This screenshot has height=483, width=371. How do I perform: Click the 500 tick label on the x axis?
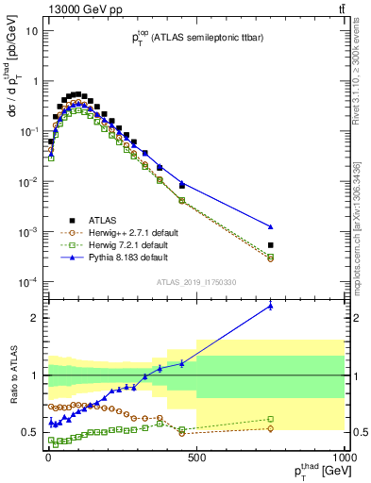[x=196, y=459]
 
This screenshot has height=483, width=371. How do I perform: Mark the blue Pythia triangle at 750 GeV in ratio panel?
[x=271, y=306]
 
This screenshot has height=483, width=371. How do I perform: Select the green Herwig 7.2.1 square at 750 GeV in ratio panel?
[x=271, y=419]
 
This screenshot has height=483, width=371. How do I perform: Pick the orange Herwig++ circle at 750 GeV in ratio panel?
[x=271, y=428]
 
